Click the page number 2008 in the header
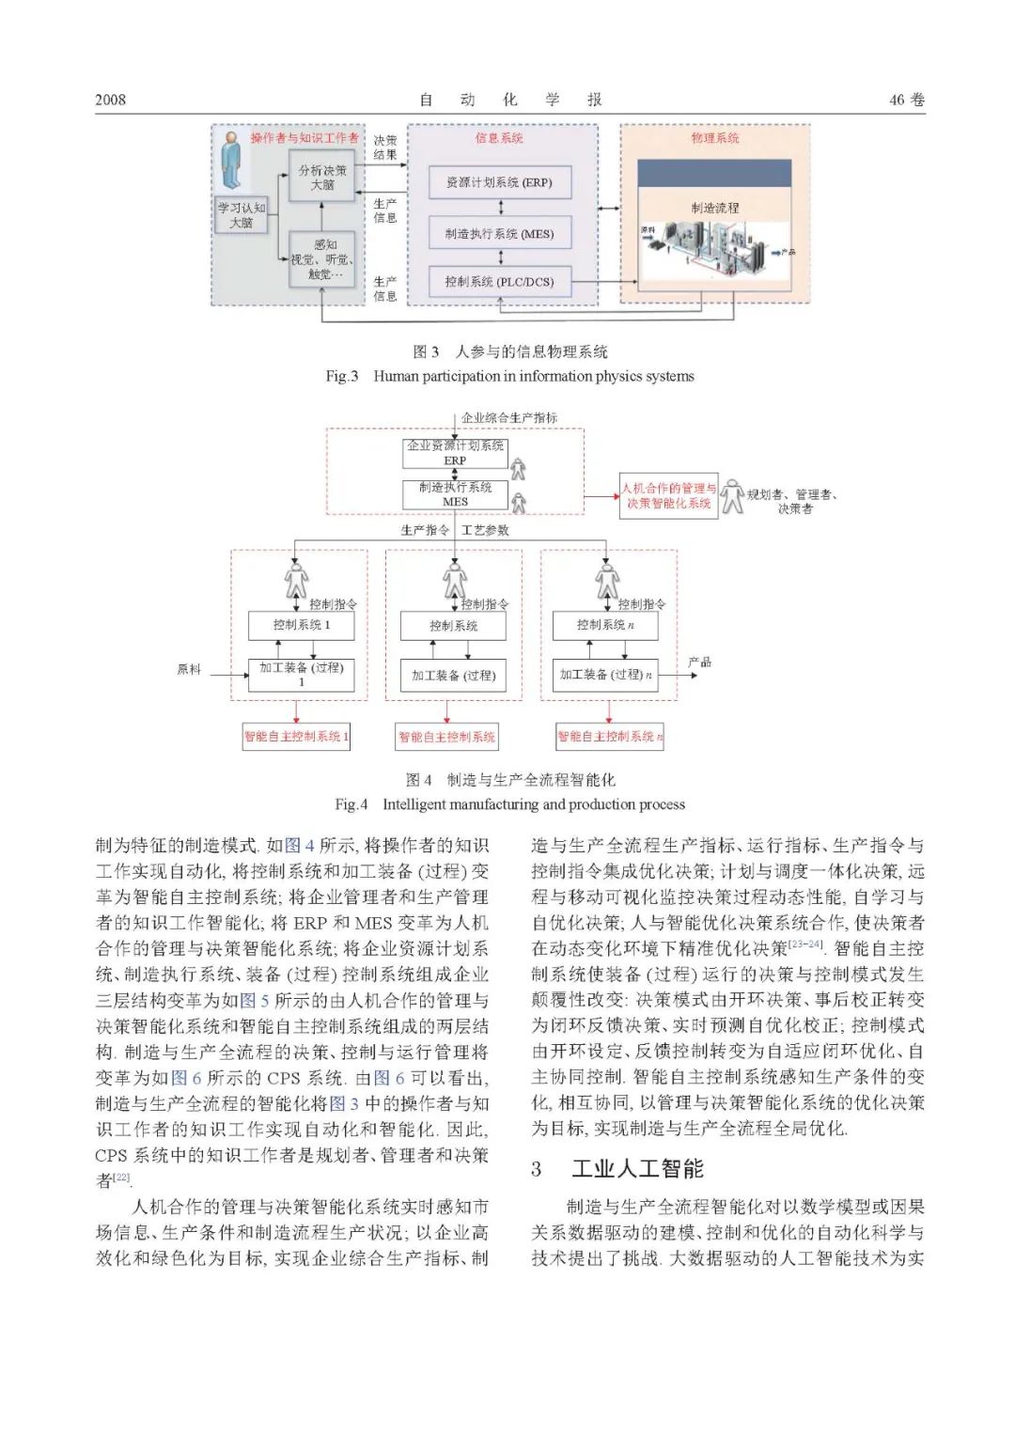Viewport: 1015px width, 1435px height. coord(110,100)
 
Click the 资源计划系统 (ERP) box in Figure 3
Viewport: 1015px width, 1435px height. coord(499,182)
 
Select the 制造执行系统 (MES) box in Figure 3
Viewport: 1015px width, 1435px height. coord(499,234)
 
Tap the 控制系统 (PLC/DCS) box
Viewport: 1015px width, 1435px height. coord(499,281)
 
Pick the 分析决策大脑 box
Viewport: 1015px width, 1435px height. coord(322,178)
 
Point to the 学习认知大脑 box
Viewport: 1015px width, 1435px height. coord(242,215)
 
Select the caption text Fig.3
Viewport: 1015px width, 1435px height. coord(341,376)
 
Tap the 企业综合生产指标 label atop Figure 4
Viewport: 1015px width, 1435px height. coord(508,417)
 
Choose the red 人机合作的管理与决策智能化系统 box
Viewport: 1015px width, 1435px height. coord(668,496)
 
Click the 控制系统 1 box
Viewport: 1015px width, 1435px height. coord(301,625)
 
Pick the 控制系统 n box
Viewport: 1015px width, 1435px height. coord(605,625)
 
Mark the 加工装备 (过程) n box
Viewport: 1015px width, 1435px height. coord(605,675)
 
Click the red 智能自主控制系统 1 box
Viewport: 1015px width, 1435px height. coord(296,737)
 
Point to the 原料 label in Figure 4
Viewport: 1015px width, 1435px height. coord(189,669)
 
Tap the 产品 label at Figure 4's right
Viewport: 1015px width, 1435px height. coord(699,663)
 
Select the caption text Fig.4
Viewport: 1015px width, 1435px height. coord(351,804)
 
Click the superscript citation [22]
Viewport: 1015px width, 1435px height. coord(121,1178)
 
